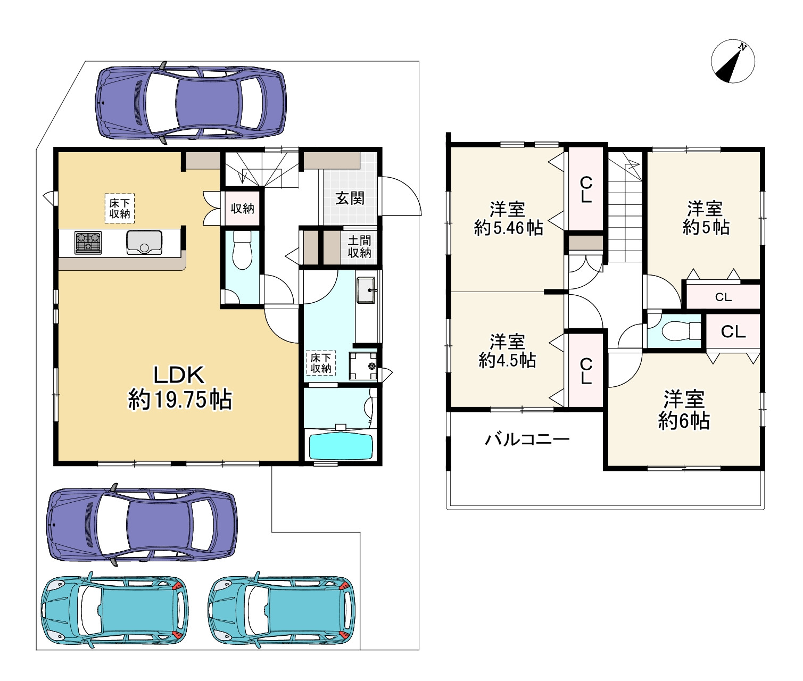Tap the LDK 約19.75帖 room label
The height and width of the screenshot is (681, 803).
(180, 387)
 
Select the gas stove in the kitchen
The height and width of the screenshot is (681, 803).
(88, 243)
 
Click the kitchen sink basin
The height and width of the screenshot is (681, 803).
(144, 243)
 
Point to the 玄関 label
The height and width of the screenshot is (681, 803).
(350, 198)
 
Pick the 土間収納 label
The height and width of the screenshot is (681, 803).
(359, 247)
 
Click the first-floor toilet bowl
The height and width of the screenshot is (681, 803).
(243, 250)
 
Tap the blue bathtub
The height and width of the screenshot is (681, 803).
(341, 446)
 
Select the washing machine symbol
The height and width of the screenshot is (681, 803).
(363, 366)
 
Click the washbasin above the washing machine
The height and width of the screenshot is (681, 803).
(366, 290)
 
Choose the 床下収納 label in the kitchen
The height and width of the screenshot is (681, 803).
(120, 208)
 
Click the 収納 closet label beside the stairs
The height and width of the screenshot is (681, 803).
(243, 209)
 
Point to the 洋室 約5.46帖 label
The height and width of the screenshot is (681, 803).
(508, 218)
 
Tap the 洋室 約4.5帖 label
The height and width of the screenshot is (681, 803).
(507, 351)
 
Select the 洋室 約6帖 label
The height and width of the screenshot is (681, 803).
(684, 410)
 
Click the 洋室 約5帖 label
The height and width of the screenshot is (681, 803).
(706, 218)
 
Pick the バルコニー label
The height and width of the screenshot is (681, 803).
(527, 439)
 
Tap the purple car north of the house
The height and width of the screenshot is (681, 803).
(191, 103)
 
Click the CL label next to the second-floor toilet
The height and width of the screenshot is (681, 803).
(733, 332)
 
